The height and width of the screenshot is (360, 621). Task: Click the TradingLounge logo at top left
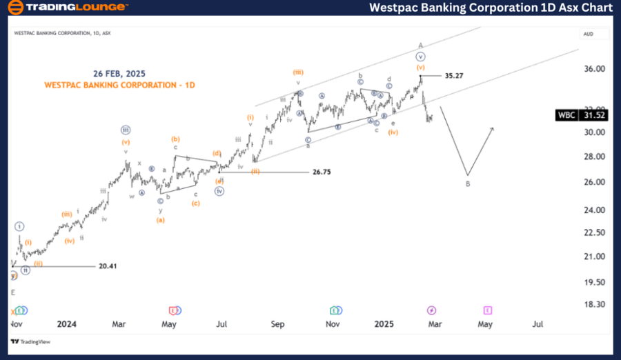(68, 8)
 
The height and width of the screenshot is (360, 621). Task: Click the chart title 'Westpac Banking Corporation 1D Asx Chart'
(491, 8)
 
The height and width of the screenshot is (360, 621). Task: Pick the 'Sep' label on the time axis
(277, 323)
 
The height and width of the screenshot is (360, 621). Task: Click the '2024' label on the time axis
(67, 323)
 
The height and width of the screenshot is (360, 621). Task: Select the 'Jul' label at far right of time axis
(538, 323)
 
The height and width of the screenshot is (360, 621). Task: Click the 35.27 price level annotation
(454, 75)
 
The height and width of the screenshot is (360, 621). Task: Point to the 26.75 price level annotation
(322, 172)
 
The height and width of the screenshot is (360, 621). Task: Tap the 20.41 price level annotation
(108, 266)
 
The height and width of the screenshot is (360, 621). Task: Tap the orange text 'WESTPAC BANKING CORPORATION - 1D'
(119, 85)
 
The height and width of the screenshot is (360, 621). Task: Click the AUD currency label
(589, 33)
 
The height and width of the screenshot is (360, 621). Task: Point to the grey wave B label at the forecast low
(468, 184)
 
